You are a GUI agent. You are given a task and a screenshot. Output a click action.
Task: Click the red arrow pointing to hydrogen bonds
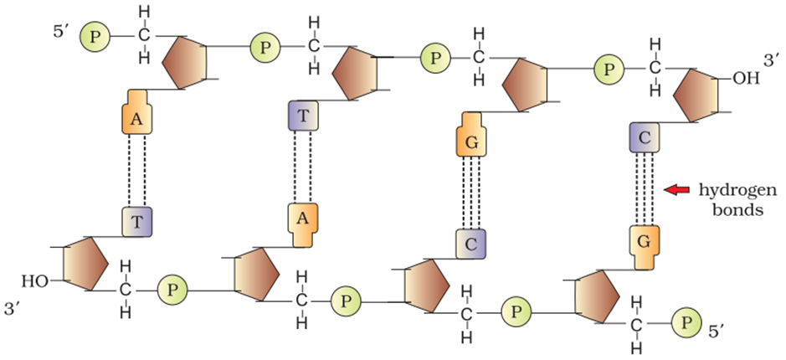coord(674,191)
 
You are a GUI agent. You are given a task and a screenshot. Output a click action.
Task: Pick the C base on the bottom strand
coord(471,244)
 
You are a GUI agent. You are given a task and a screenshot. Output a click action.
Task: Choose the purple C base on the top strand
coord(644,136)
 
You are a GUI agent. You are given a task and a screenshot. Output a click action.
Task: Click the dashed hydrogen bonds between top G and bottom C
coord(471,192)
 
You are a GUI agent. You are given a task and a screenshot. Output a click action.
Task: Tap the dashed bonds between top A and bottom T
coord(138,171)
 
